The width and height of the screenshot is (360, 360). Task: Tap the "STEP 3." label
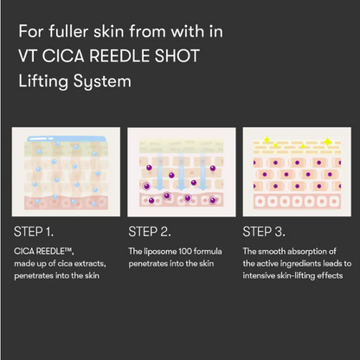[x=265, y=232]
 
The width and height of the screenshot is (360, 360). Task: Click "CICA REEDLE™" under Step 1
[x=41, y=250]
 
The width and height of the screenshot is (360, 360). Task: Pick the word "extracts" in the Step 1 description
[x=99, y=262]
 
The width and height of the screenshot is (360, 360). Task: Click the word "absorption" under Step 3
[x=307, y=250]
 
